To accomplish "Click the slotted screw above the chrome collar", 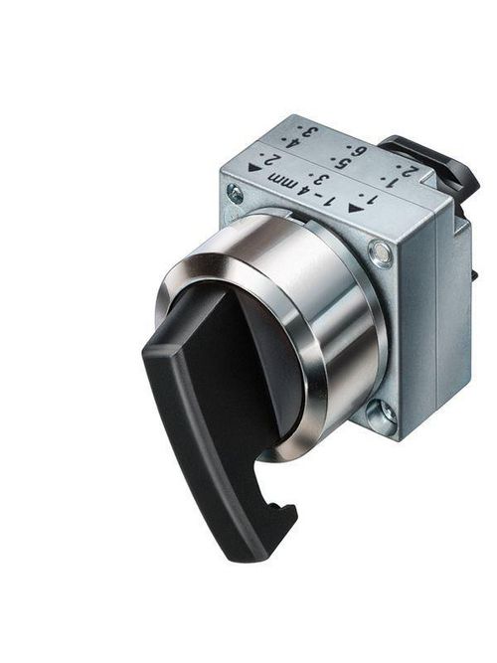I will (x=235, y=193).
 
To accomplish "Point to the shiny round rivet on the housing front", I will (x=382, y=257).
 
